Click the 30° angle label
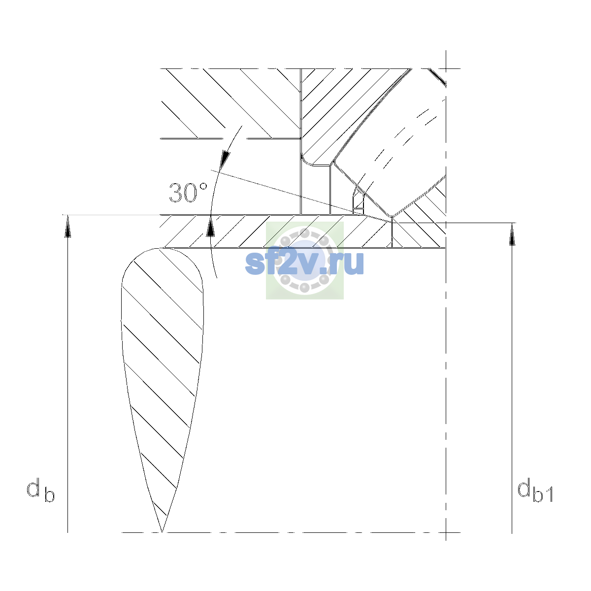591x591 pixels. point(188,193)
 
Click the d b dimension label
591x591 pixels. point(40,490)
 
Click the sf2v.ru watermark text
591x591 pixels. point(304,263)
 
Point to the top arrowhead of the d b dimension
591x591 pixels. point(68,227)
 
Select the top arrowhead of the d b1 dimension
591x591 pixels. point(512,234)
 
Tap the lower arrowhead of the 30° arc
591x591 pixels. point(210,227)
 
